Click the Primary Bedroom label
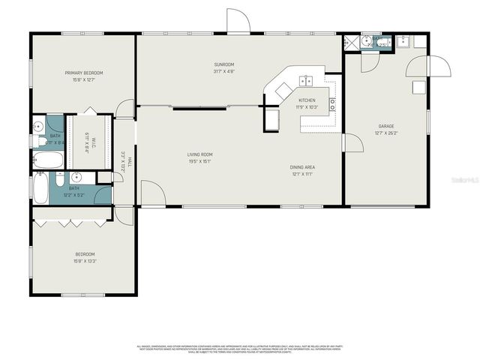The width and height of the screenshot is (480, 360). point(83,73)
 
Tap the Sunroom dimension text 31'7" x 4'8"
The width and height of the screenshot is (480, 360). point(224,72)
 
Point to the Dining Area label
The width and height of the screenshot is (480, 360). point(301,167)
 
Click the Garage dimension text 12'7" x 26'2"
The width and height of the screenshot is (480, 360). point(386,133)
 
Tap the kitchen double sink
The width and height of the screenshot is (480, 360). point(306,80)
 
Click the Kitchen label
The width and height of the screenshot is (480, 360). point(307,100)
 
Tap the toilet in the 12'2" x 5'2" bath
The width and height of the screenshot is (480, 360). point(61,180)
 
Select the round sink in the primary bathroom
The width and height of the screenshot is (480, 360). point(37,126)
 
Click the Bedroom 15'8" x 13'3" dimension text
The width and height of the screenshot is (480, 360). point(83,261)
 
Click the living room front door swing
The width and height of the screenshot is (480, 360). point(152,193)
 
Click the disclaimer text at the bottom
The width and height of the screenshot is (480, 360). point(240,349)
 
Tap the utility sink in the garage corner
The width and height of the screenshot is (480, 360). point(403,41)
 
